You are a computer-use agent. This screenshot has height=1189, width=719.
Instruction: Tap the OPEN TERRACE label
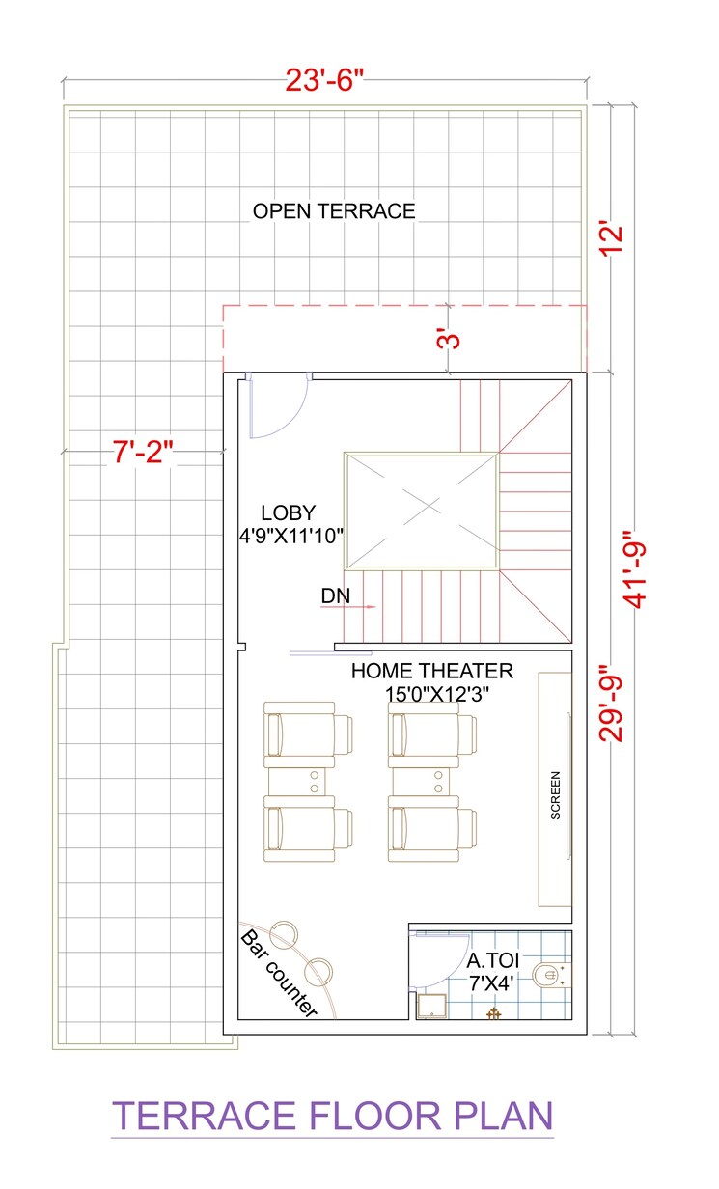click(334, 211)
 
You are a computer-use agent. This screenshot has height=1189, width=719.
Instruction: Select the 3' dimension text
click(445, 339)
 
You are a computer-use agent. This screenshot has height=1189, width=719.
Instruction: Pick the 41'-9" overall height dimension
click(636, 568)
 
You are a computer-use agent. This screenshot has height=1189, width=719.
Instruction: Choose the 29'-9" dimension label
click(612, 702)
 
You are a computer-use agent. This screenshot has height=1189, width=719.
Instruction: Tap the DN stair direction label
click(335, 598)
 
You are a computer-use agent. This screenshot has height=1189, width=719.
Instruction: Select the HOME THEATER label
click(431, 671)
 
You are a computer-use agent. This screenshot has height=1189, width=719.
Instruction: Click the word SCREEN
click(556, 795)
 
